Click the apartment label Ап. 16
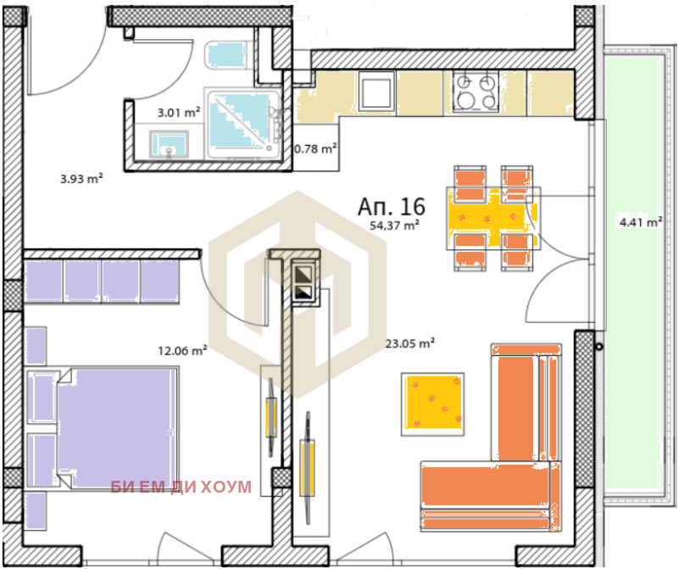[x=392, y=206]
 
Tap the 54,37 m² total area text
[x=394, y=225]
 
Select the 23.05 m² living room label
[x=410, y=343]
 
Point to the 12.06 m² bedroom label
[x=182, y=350]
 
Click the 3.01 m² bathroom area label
[x=178, y=113]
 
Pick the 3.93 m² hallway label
[x=81, y=178]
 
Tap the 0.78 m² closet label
[x=315, y=149]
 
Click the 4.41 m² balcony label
[x=641, y=222]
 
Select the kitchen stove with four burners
[x=475, y=92]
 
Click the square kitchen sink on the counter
[x=376, y=91]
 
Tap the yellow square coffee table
[x=432, y=404]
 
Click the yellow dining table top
[x=493, y=218]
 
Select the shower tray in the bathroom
[x=244, y=123]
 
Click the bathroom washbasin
[x=169, y=144]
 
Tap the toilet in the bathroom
[x=226, y=54]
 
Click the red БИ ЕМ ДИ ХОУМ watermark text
[x=181, y=487]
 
